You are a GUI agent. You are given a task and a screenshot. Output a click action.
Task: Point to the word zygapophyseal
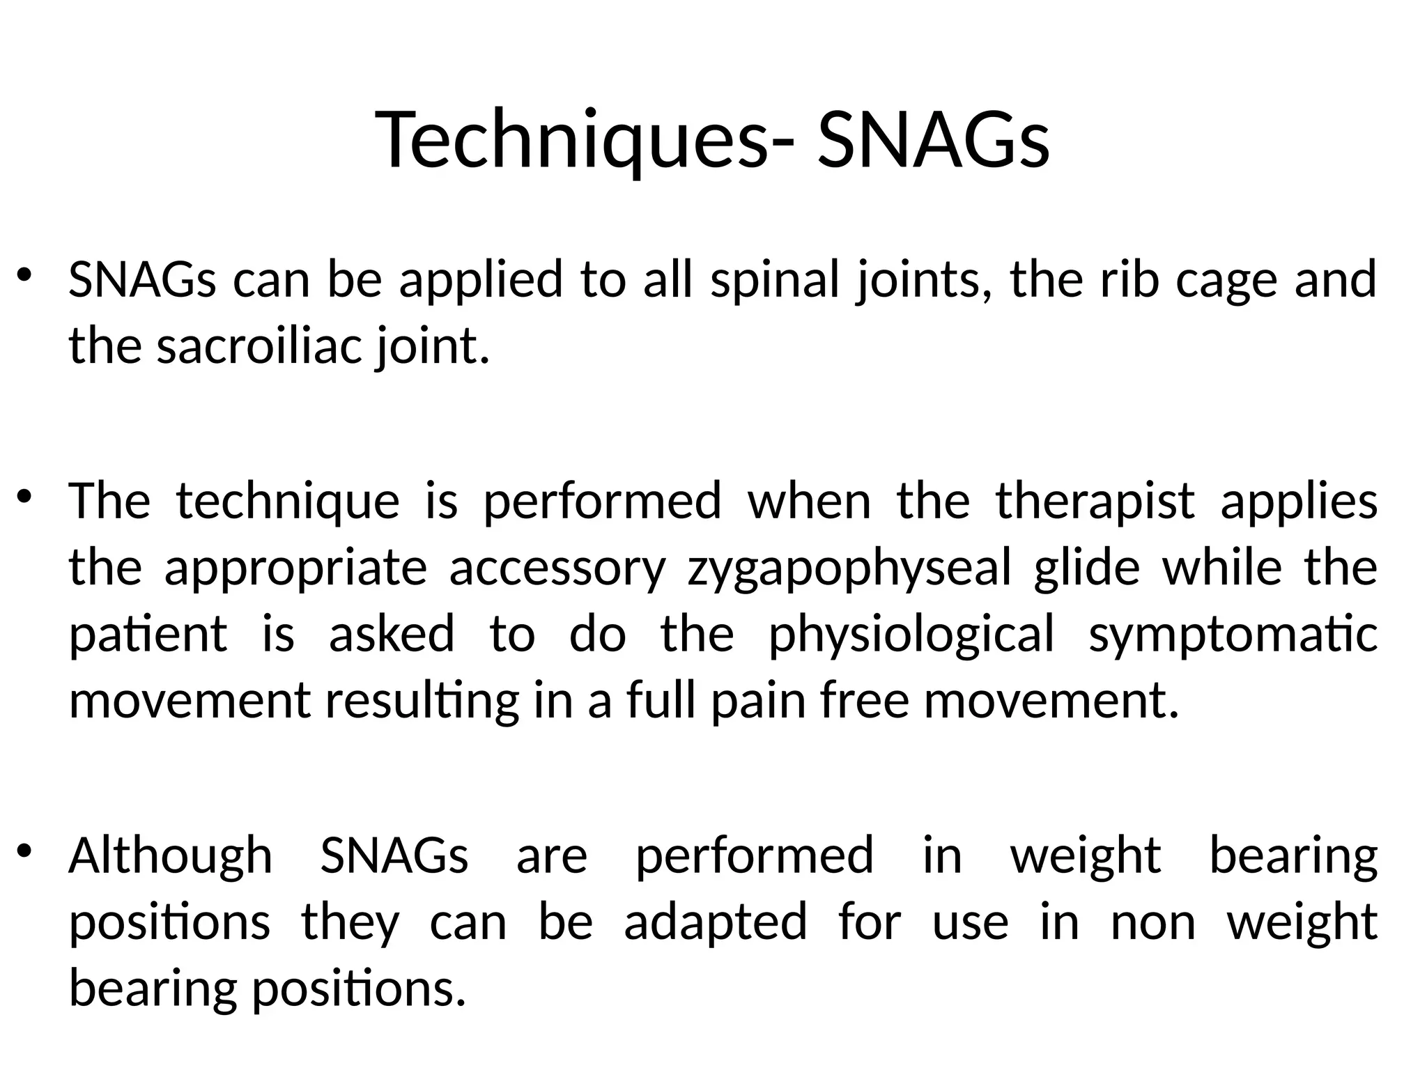[849, 568]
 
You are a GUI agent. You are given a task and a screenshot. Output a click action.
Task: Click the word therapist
[1095, 502]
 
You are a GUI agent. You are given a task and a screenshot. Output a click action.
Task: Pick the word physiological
[911, 635]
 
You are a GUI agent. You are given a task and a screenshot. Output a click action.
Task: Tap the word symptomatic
[1233, 635]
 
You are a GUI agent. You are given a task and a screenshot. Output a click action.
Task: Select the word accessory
[557, 568]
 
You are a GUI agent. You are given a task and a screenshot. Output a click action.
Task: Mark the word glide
[1087, 568]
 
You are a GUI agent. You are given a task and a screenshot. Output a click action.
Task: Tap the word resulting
[422, 701]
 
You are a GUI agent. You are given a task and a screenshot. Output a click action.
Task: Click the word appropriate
[295, 568]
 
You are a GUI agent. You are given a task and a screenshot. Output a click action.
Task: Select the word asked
[392, 635]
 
